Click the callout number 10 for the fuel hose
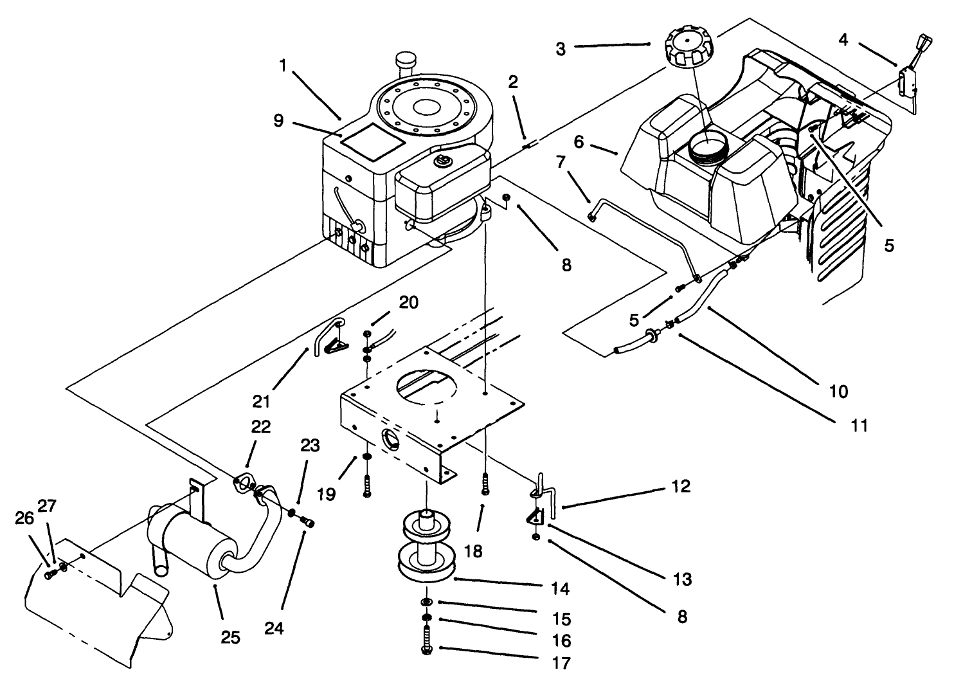tap(839, 391)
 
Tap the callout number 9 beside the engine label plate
tap(278, 120)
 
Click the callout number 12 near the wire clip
tap(680, 486)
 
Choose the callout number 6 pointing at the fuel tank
tap(579, 141)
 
